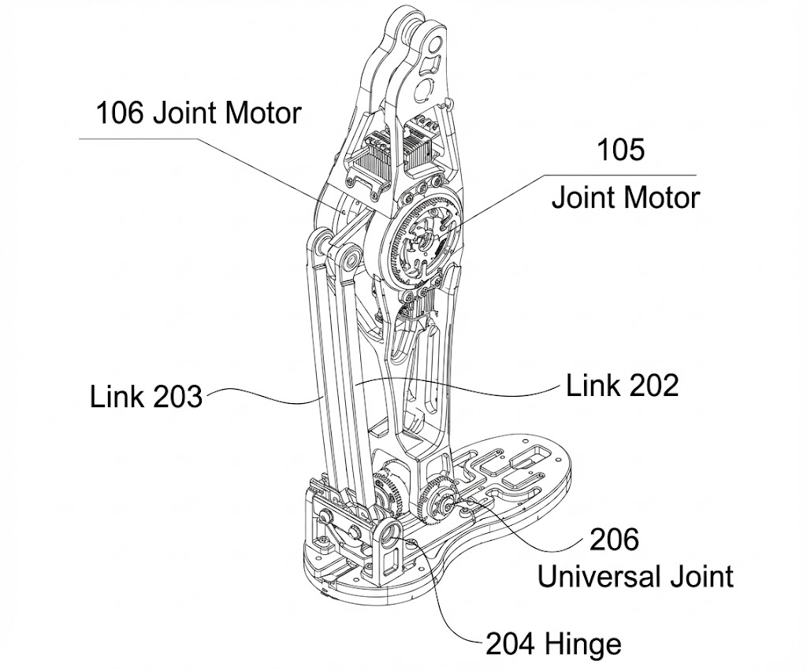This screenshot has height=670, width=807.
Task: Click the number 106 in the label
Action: click(x=120, y=113)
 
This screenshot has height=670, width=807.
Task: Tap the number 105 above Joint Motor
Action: click(x=619, y=150)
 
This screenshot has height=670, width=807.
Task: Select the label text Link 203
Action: click(x=146, y=396)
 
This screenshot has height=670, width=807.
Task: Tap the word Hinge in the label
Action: click(x=586, y=645)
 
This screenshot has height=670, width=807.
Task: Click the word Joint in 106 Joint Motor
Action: click(x=186, y=113)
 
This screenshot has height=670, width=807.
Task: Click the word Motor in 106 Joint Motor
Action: click(x=263, y=113)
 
